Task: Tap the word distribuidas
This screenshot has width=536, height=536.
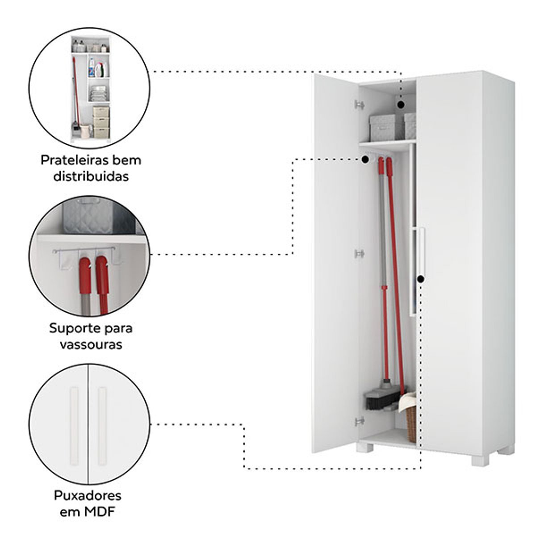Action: tap(91, 176)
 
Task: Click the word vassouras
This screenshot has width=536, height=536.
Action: tap(91, 345)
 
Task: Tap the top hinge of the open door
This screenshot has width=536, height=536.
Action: tap(360, 105)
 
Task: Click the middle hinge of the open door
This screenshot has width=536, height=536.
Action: tap(360, 254)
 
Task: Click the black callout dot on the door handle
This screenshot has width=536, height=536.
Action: tap(421, 279)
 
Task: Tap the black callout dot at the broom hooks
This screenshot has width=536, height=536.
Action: tap(365, 159)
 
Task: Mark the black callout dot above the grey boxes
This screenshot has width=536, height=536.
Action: tap(401, 105)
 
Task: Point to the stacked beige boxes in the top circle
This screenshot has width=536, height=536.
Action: tap(101, 122)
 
